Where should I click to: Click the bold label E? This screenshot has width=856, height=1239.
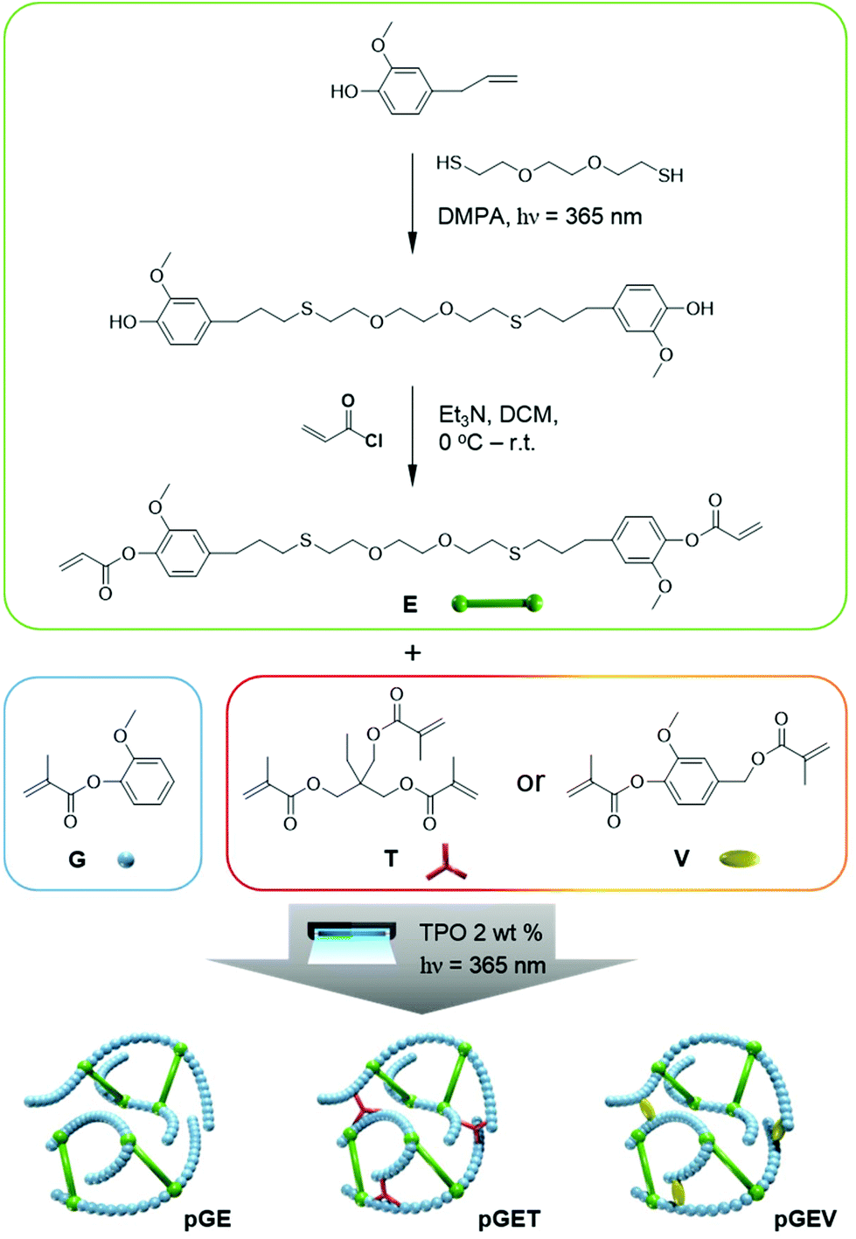coord(410,604)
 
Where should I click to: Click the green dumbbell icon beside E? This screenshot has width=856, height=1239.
coord(498,603)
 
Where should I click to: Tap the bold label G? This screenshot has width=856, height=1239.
coord(77,859)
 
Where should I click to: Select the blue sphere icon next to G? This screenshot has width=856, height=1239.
coord(126,860)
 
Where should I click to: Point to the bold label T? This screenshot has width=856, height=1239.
coord(391,859)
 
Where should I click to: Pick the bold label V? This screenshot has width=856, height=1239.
coord(681,859)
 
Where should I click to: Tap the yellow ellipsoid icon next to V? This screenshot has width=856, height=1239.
coord(739,860)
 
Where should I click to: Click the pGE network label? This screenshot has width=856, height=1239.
coord(207,1217)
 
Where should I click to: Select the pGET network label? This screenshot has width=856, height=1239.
coord(509,1217)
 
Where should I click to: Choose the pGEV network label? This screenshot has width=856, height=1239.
coord(805,1217)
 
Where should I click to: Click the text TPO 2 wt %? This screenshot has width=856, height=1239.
coord(481,933)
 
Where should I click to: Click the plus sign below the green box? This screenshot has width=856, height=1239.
coord(413,653)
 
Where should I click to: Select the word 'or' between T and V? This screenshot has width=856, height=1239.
coord(530,782)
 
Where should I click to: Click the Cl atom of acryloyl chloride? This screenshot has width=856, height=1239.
coord(374,441)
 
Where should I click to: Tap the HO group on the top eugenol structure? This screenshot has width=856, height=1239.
coord(344,91)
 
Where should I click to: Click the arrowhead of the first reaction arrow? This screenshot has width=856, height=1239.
coord(412,243)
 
